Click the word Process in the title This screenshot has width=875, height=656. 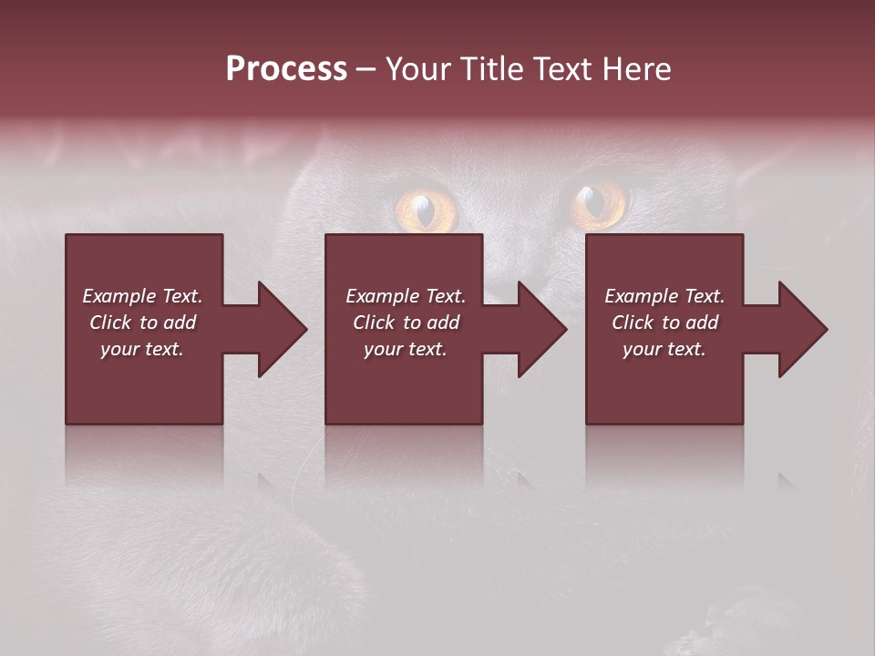[x=286, y=69]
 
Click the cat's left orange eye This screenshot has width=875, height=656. [x=425, y=209]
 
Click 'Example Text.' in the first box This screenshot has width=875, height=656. [x=142, y=296]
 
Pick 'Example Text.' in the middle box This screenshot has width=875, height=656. [x=406, y=296]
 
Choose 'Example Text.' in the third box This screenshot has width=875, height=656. [x=664, y=296]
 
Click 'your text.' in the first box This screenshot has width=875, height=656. [x=142, y=349]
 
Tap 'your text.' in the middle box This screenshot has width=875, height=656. [x=406, y=349]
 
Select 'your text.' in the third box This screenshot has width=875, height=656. [x=664, y=349]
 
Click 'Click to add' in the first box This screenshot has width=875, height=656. [x=142, y=323]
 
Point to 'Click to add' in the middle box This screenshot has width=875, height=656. [x=406, y=323]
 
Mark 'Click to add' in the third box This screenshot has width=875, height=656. [x=664, y=323]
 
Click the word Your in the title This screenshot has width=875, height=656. [x=417, y=69]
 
